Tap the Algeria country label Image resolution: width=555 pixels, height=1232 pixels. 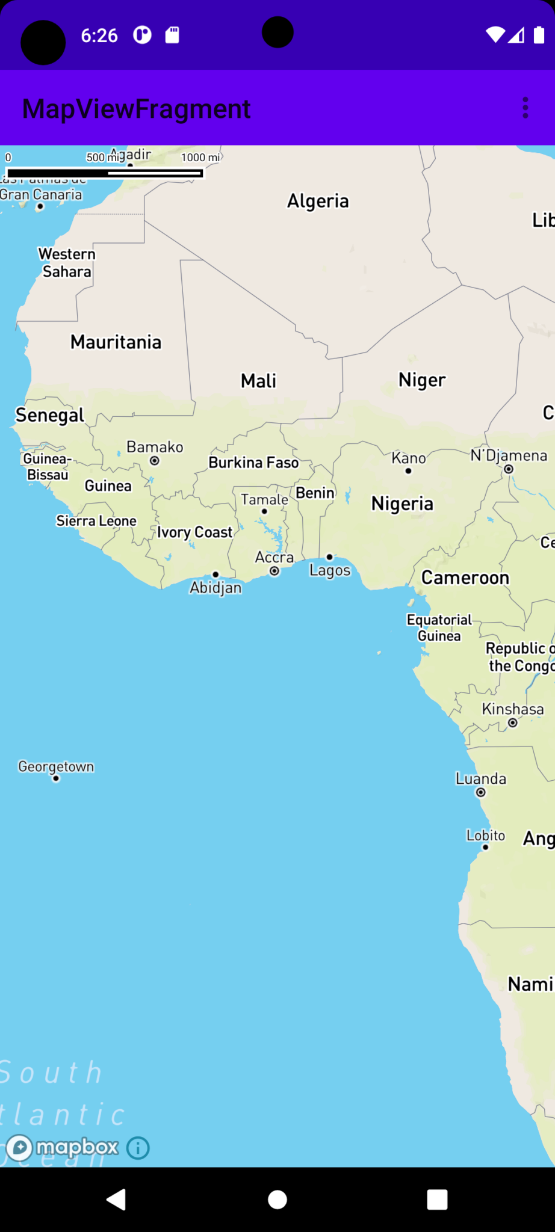318,201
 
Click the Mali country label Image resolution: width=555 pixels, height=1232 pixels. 258,381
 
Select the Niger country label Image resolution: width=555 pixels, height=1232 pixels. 422,380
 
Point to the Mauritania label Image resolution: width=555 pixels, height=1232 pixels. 116,342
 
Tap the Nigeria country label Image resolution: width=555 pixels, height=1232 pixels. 402,504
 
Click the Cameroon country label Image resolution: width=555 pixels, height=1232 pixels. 465,578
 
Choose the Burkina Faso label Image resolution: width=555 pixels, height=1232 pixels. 253,463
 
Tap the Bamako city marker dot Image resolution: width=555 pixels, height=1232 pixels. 155,461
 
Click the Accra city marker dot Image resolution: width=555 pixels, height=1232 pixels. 274,571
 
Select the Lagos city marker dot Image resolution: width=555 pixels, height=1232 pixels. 329,557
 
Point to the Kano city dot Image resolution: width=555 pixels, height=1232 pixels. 409,470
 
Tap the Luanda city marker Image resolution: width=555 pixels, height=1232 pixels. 481,792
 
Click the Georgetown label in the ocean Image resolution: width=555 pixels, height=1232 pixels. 56,766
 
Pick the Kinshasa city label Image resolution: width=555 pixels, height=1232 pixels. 513,709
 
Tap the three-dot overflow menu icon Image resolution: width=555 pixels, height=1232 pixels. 526,108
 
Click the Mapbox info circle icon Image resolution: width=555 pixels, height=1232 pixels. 138,1148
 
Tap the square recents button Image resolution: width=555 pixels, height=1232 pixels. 437,1200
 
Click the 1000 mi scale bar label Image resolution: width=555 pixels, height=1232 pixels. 200,158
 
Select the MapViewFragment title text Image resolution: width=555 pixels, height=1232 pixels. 136,109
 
